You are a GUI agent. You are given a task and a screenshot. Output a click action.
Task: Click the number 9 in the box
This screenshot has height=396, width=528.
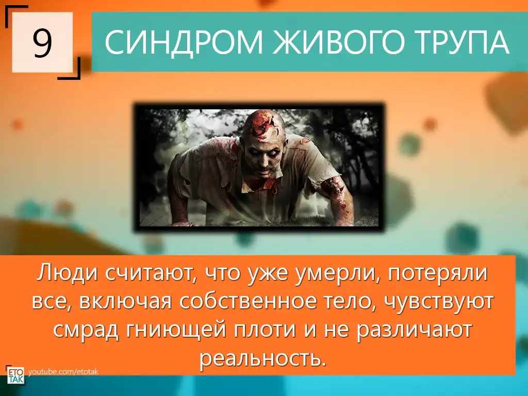point(42,42)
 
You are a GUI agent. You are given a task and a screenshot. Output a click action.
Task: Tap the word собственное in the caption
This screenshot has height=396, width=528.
point(248,301)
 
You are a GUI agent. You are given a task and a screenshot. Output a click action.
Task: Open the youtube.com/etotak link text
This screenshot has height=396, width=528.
point(63,372)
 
